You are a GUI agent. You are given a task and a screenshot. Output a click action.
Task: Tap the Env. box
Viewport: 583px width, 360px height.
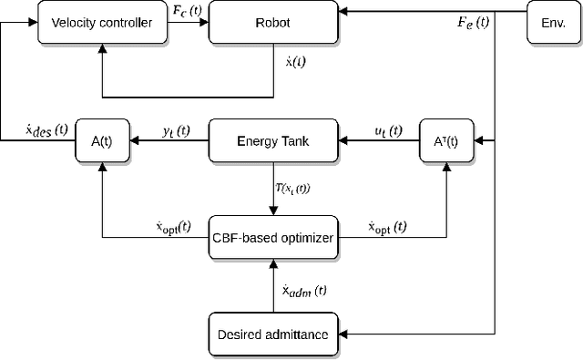pyautogui.click(x=553, y=22)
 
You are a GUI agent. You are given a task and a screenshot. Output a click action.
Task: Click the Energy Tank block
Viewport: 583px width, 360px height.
pyautogui.click(x=273, y=140)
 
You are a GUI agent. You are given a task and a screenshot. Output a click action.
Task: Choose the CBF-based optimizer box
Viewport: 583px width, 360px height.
pyautogui.click(x=273, y=239)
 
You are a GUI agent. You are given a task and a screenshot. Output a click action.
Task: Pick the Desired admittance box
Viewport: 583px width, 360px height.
pyautogui.click(x=273, y=334)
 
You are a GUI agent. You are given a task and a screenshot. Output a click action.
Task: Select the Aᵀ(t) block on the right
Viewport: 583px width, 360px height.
pyautogui.click(x=446, y=140)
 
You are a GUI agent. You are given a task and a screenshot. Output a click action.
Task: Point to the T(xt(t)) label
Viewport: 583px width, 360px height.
pyautogui.click(x=305, y=188)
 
